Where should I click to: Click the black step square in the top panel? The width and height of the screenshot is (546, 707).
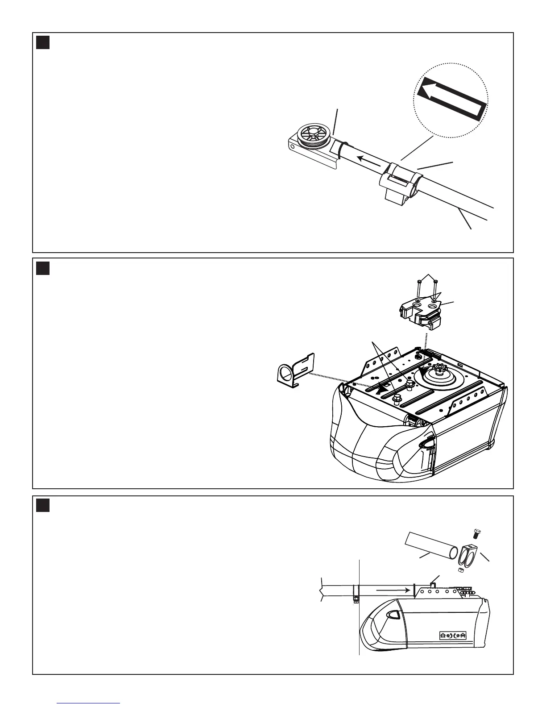pos(43,42)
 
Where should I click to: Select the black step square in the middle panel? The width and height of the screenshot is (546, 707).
pos(43,268)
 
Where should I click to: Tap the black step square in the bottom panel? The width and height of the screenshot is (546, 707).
pos(43,506)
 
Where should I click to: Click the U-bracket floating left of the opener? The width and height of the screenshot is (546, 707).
pos(295,370)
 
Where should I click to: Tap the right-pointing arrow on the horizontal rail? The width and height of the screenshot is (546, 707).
pos(393,590)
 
